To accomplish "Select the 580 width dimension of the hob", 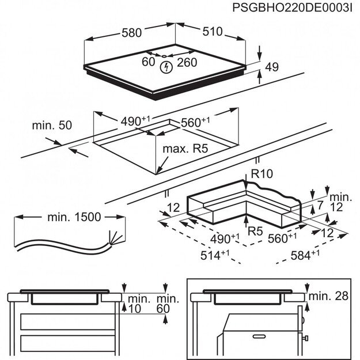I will tap(131, 33).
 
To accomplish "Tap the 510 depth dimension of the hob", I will tap(212, 32).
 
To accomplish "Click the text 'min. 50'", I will tap(52, 125).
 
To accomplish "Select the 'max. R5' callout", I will tap(184, 149).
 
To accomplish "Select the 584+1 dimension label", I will tap(305, 255).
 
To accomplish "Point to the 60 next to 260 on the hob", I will tap(149, 62).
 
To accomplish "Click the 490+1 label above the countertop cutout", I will tap(135, 121).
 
